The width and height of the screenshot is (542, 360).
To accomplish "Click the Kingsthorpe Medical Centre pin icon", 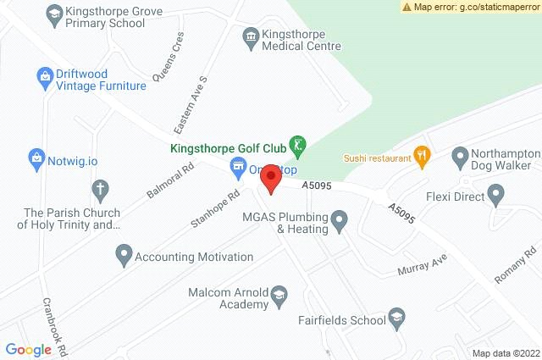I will (250, 36).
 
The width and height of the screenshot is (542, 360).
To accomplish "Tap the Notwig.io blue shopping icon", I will (36, 158).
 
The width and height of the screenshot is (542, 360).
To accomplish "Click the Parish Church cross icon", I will (100, 188).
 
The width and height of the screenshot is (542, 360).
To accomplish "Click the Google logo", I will (29, 349).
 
